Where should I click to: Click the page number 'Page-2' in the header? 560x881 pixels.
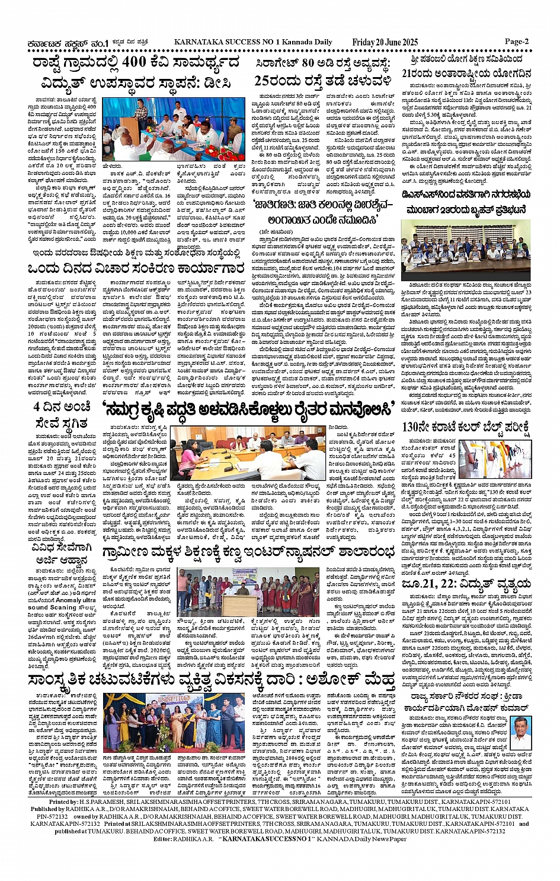pyautogui.click(x=516, y=42)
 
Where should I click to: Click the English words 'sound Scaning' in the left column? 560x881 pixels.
pyautogui.click(x=52, y=608)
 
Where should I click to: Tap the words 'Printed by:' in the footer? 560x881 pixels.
pyautogui.click(x=65, y=803)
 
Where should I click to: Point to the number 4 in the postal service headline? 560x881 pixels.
pyautogui.click(x=37, y=407)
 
